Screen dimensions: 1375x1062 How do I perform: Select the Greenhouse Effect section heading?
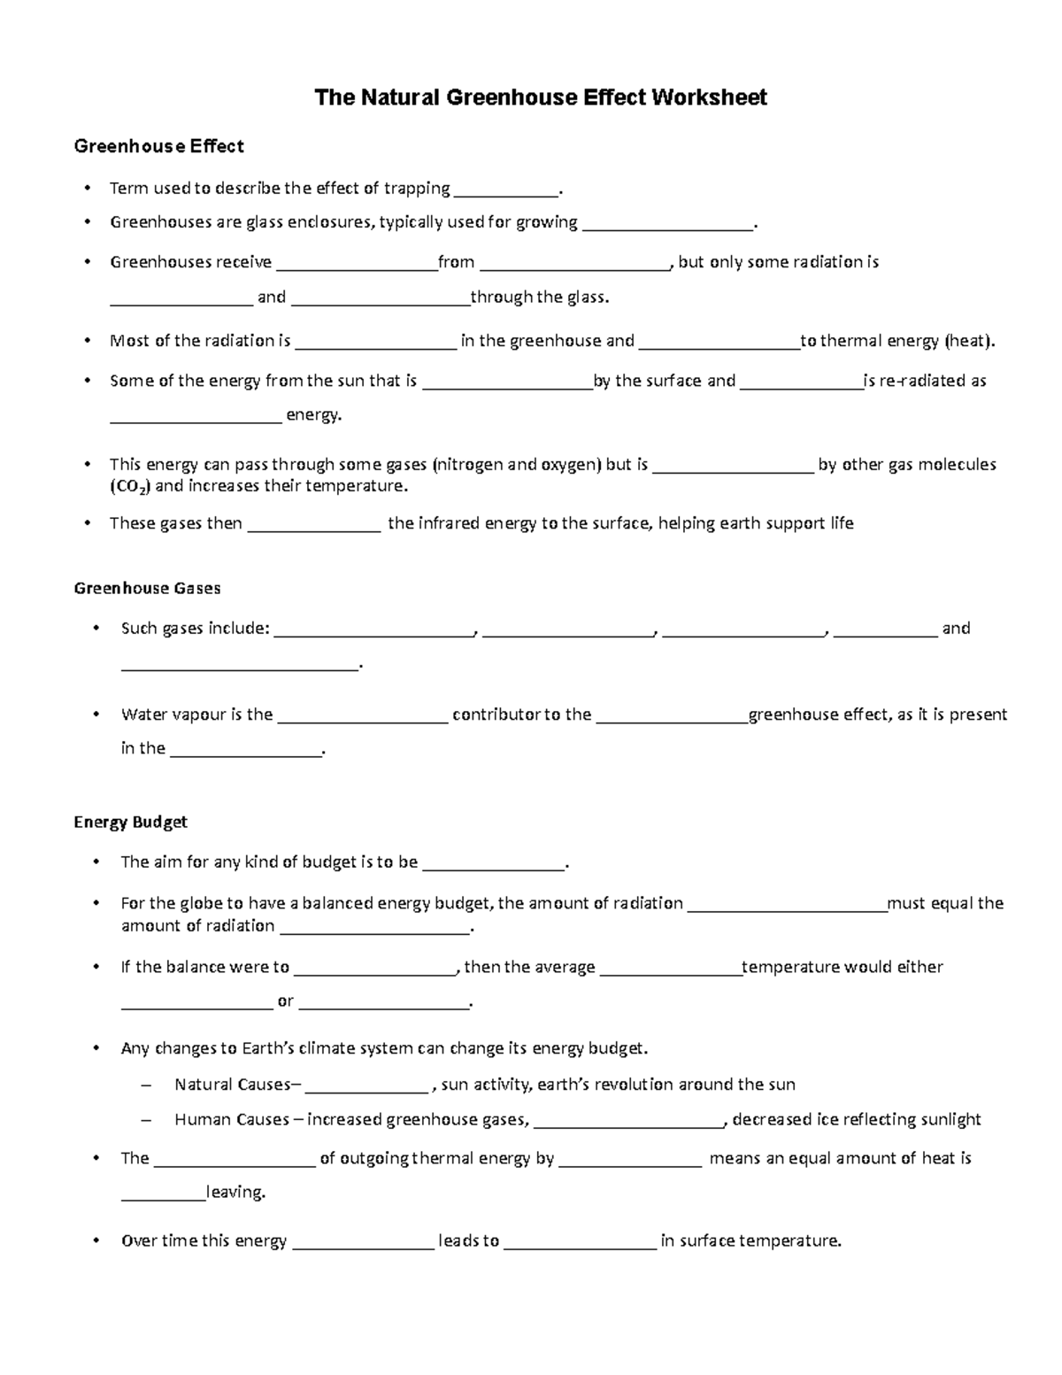click(158, 146)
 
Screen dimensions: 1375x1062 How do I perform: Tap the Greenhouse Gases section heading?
click(147, 588)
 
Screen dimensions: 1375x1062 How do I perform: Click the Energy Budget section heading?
click(130, 822)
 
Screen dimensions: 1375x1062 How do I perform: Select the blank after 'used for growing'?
click(668, 224)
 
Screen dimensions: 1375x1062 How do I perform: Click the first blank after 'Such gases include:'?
click(374, 630)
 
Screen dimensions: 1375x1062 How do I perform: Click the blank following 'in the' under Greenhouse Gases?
click(246, 751)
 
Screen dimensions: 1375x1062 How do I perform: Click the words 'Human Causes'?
click(232, 1119)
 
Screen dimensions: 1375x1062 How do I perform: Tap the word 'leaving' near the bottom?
click(235, 1192)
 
